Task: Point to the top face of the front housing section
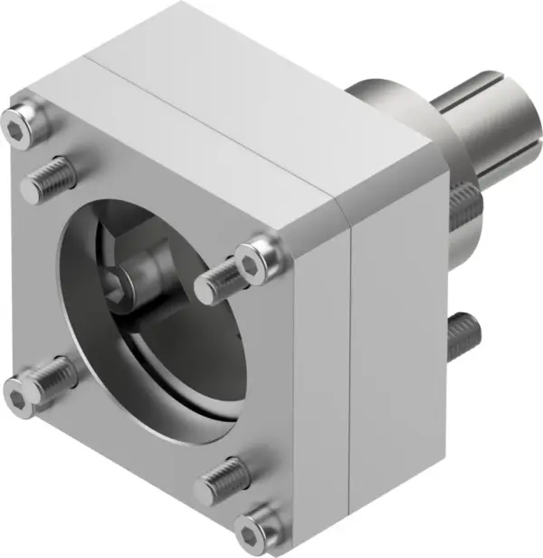coord(181,136)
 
